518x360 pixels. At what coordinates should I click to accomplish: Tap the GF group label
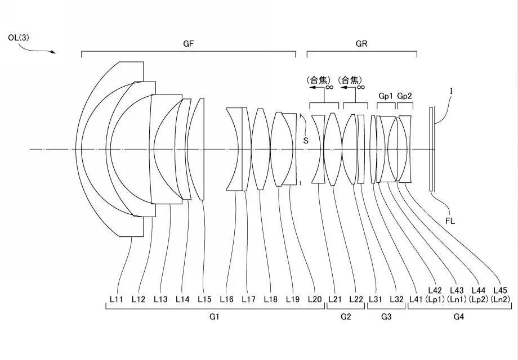[x=189, y=44]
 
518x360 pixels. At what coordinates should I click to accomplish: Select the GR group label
[x=361, y=44]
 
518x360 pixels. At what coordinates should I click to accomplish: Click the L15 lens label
[x=204, y=300]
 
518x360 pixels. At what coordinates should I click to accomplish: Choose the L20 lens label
[x=315, y=300]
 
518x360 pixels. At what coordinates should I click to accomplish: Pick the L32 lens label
[x=397, y=300]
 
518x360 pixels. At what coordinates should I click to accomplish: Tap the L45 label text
[x=500, y=291]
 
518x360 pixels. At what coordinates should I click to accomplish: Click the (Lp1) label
[x=435, y=300]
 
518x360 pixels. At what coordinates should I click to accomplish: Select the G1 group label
[x=213, y=318]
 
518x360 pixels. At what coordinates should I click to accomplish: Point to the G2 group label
[x=346, y=318]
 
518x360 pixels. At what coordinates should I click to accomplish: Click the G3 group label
[x=386, y=318]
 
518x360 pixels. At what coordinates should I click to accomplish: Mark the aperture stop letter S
[x=306, y=141]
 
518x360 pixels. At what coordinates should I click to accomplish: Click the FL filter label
[x=450, y=221]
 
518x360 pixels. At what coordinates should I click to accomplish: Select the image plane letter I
[x=452, y=90]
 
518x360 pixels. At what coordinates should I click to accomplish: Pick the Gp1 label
[x=386, y=96]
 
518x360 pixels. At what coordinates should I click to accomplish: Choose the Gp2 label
[x=405, y=96]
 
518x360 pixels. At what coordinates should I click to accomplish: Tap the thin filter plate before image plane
[x=431, y=149]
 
